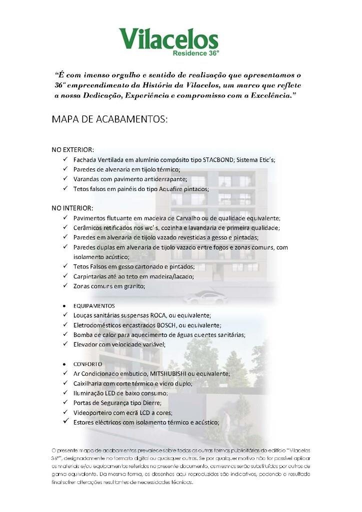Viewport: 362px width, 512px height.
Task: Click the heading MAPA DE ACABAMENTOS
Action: (109, 120)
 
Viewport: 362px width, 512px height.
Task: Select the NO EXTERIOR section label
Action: (73, 149)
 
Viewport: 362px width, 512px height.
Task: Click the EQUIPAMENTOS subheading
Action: (94, 305)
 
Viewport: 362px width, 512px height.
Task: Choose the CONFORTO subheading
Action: (87, 364)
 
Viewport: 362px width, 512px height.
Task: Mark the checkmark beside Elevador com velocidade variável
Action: (65, 344)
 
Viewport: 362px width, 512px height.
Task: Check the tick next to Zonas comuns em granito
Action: (65, 286)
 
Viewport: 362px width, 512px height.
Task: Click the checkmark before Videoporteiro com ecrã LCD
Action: (65, 412)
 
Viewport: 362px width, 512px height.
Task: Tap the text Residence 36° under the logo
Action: (195, 53)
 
